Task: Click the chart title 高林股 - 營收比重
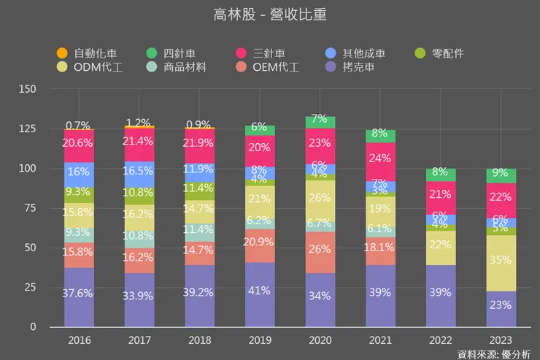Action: coord(269,15)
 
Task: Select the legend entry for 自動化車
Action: coord(87,53)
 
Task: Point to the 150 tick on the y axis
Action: coord(28,89)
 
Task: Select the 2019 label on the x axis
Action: coord(260,340)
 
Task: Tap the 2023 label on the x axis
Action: coord(501,340)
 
